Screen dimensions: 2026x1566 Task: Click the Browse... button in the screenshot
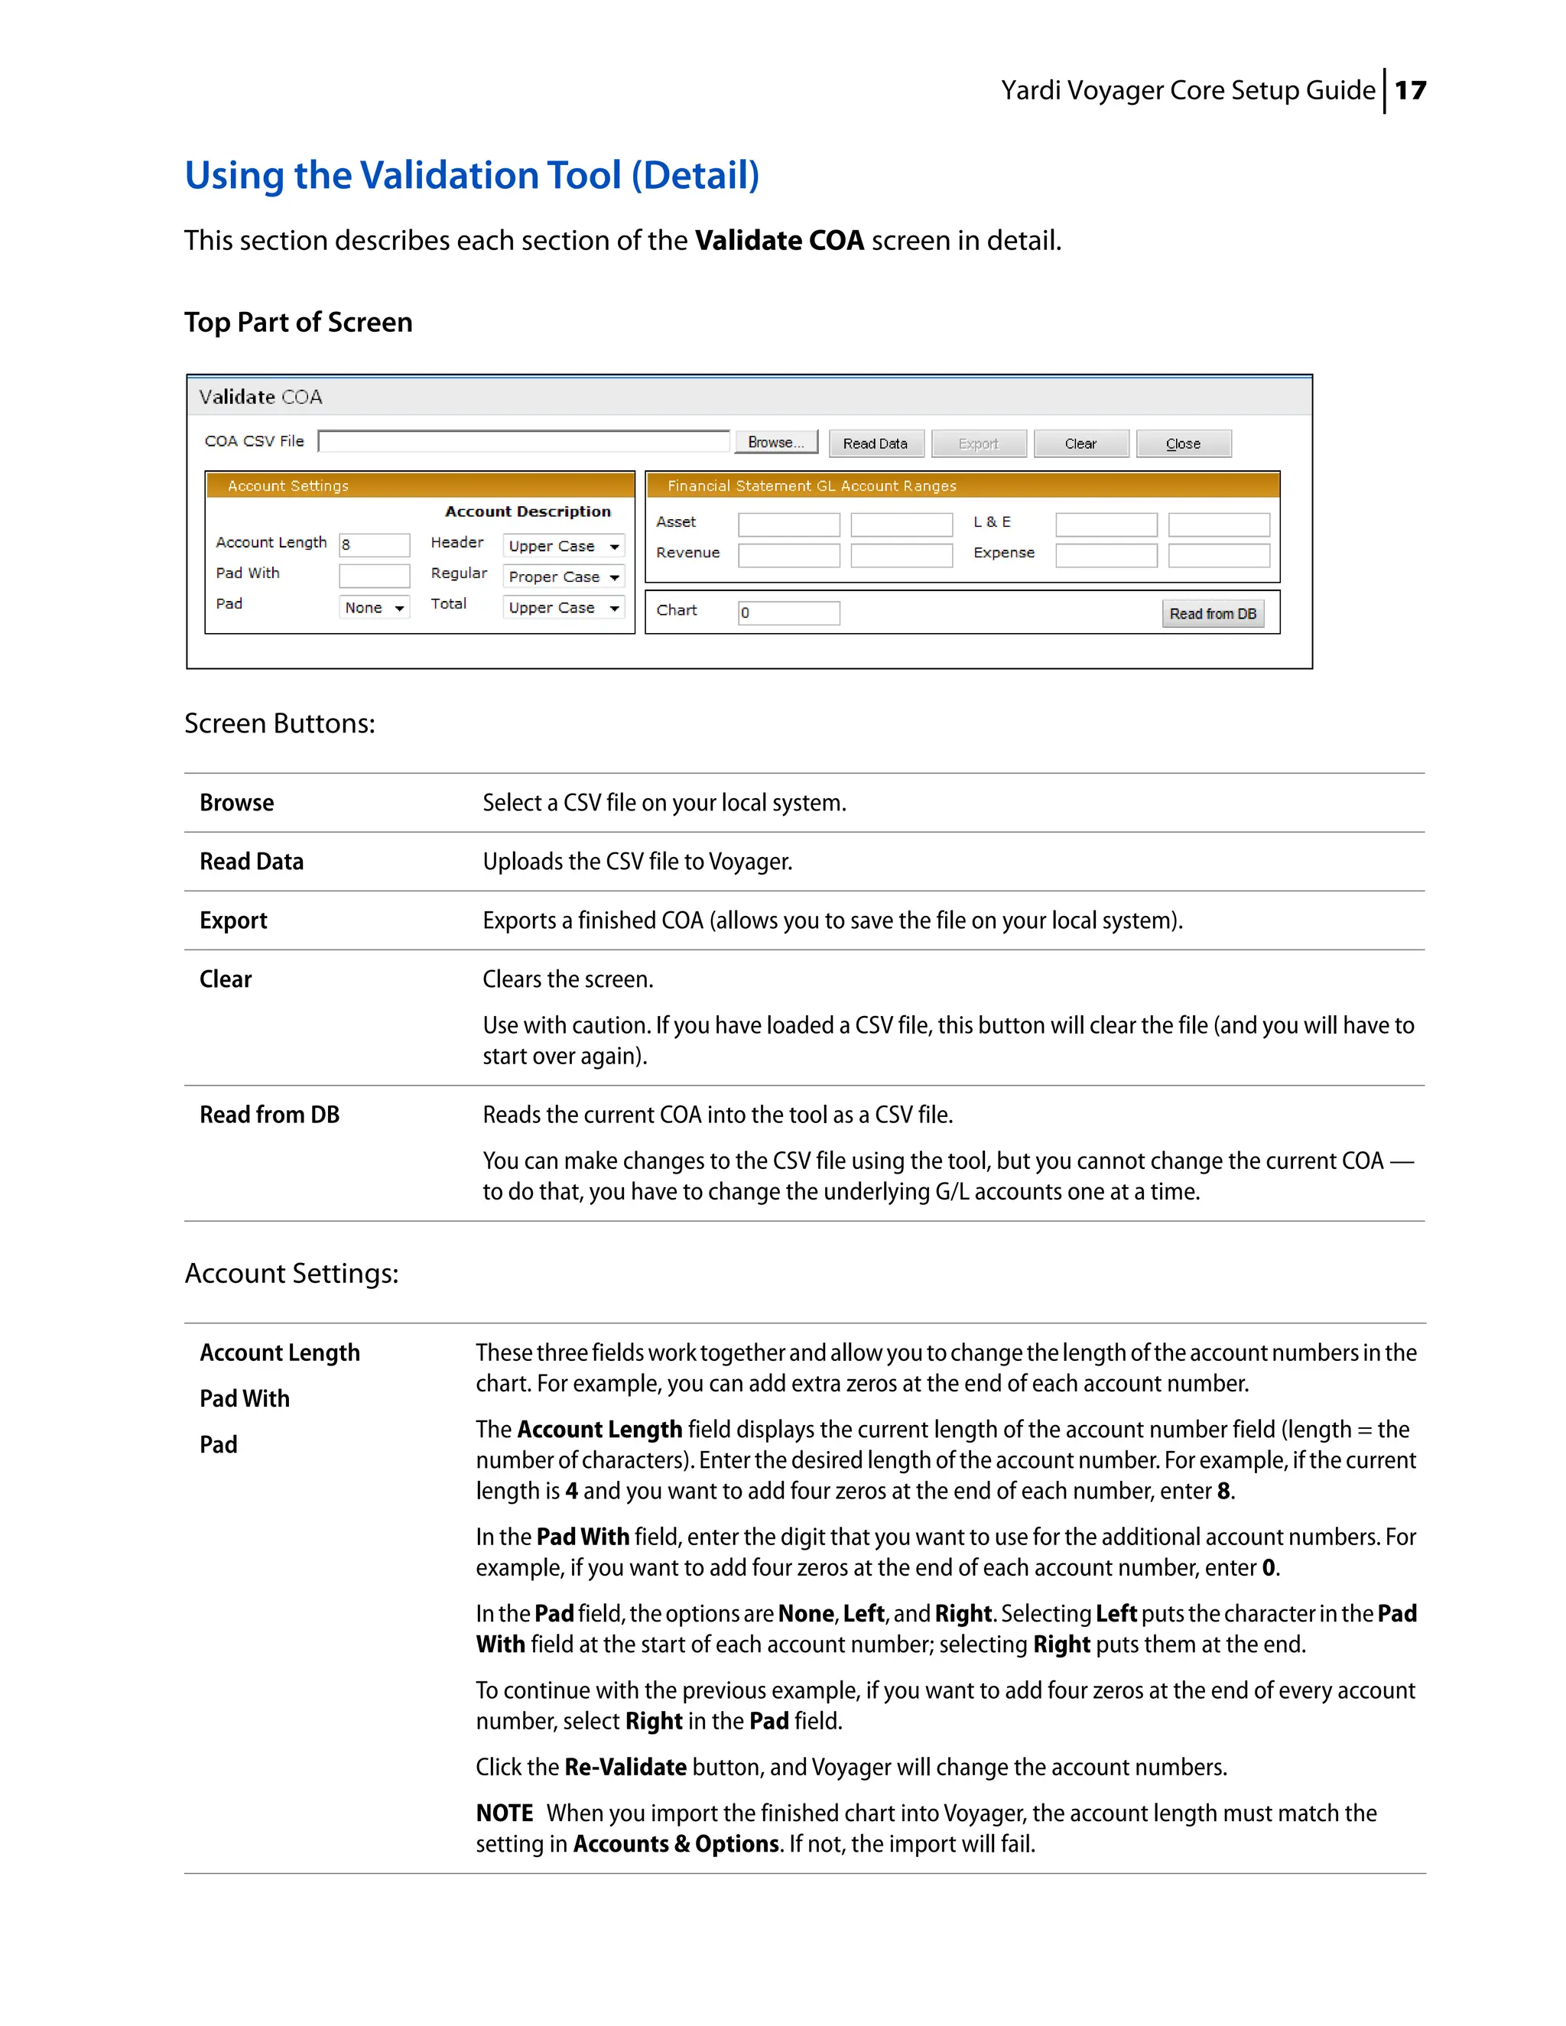click(775, 443)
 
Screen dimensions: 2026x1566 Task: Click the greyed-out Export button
click(978, 443)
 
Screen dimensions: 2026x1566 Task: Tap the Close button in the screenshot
click(1183, 443)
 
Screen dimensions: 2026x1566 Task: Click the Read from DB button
click(1212, 613)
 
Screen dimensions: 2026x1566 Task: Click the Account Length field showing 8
click(374, 544)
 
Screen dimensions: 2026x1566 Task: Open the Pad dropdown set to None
click(374, 608)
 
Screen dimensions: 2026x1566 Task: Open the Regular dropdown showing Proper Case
click(562, 577)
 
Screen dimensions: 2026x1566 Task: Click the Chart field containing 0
click(788, 612)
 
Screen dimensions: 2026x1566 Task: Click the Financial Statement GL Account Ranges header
click(812, 485)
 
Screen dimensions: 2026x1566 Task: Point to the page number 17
click(1409, 90)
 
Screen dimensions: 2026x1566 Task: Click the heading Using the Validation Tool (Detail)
click(471, 175)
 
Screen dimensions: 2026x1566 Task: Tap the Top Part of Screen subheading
click(297, 322)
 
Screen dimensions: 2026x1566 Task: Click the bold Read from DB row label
click(269, 1114)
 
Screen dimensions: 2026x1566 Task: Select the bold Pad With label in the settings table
click(244, 1398)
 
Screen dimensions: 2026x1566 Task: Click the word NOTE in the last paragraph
click(504, 1813)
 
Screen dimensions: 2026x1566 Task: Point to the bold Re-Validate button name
click(625, 1766)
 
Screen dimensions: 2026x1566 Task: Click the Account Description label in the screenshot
click(527, 511)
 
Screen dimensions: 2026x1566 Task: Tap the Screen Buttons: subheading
click(279, 722)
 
